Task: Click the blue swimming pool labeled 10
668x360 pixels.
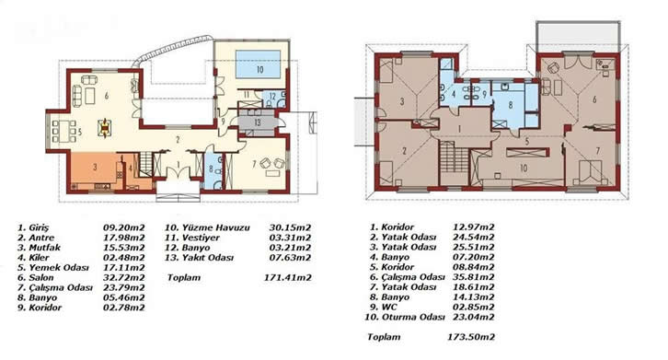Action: pos(258,64)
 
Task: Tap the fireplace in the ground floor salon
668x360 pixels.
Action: pos(104,128)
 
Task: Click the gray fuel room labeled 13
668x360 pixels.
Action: pos(257,122)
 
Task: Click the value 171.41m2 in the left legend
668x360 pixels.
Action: pos(288,278)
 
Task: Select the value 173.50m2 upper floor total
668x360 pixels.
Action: pos(471,337)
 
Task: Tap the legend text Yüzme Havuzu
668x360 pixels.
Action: pos(216,227)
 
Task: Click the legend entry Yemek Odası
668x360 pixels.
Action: pos(59,268)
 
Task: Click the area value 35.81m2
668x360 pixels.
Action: pos(473,277)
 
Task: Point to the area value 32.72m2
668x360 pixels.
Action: pos(124,278)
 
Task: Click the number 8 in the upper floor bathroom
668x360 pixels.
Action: pos(511,105)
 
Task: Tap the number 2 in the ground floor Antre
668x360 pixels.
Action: pos(179,139)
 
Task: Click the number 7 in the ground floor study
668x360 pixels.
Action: pos(254,164)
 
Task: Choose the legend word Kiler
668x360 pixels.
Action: pos(39,258)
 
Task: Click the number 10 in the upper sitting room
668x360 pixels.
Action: pos(524,168)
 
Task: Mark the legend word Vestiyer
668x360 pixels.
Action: pos(201,238)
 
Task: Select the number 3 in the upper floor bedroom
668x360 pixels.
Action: pos(402,101)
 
